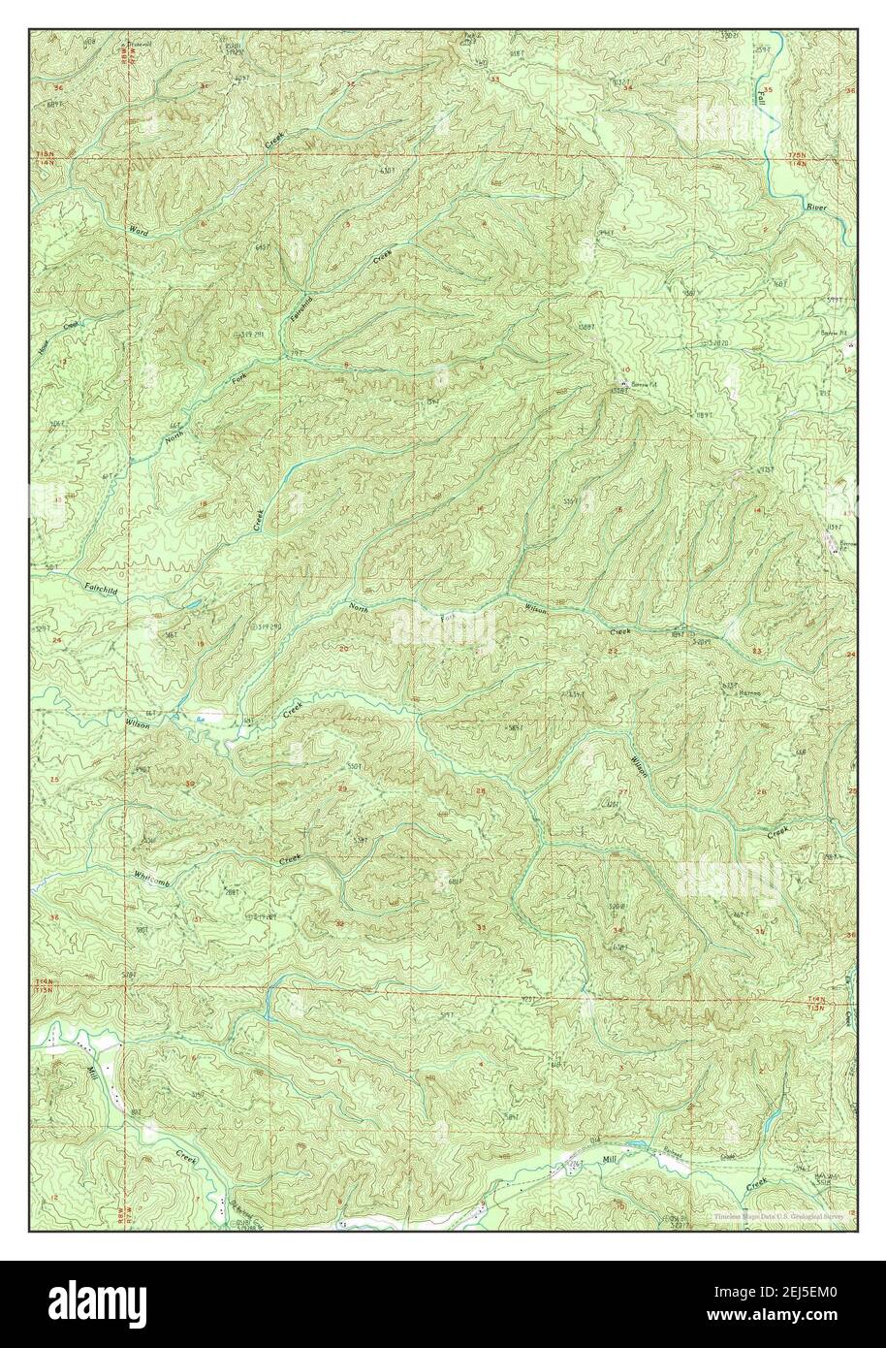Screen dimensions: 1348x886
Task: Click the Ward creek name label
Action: pos(139,232)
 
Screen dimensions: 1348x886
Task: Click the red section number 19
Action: pos(201,643)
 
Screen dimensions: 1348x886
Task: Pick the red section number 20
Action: pos(344,649)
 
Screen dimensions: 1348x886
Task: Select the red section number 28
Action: pos(481,791)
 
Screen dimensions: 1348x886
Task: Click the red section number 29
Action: pos(341,788)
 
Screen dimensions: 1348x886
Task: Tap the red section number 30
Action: pos(190,784)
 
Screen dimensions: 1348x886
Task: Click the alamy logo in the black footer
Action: pos(107,1305)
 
